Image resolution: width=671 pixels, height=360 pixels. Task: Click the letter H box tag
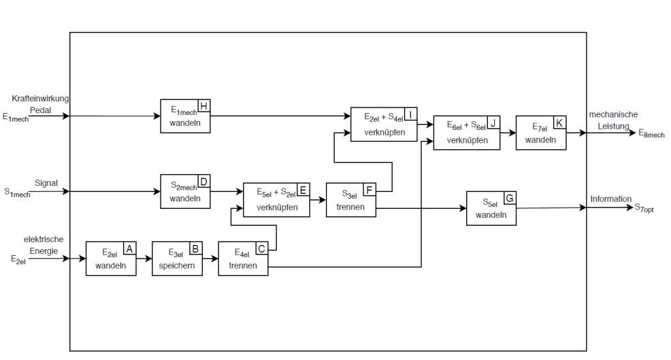(203, 105)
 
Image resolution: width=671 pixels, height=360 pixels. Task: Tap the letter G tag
(510, 197)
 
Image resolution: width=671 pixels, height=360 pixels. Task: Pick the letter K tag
(559, 122)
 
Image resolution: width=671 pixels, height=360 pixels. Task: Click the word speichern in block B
(177, 265)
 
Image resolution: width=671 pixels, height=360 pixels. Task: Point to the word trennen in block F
(350, 207)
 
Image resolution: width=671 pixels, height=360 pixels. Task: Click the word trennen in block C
(243, 265)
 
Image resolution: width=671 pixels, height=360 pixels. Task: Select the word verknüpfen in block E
(277, 207)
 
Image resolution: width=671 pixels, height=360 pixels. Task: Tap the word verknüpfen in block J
(466, 140)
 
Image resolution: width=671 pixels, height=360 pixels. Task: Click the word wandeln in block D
(185, 199)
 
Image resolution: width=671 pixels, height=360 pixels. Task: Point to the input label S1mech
(17, 193)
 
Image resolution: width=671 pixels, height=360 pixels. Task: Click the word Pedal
(40, 110)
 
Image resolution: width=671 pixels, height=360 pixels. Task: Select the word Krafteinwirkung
(40, 99)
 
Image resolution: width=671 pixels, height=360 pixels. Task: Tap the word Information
(610, 199)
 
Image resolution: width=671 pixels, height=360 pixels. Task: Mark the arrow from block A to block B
(144, 259)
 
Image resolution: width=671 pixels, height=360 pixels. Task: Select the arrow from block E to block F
(318, 200)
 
